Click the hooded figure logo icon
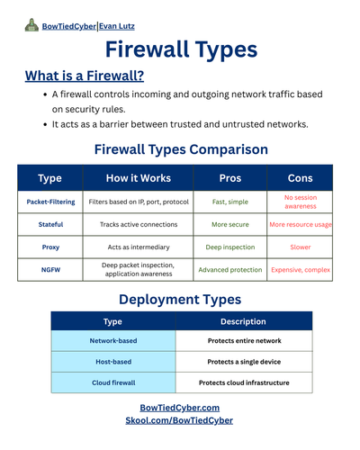31,25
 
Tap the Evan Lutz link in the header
117,26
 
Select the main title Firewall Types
181,49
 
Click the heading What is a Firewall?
85,76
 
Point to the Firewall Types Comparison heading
181,149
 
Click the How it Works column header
139,178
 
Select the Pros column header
230,178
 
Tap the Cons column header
300,178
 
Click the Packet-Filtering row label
50,202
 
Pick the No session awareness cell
301,202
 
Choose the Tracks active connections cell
139,224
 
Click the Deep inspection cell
230,247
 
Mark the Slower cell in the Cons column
301,247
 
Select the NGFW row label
50,270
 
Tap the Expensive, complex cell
301,270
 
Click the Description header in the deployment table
243,321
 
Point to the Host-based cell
113,362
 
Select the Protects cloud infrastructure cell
244,382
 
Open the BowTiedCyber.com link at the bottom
180,408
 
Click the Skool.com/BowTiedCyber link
179,420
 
